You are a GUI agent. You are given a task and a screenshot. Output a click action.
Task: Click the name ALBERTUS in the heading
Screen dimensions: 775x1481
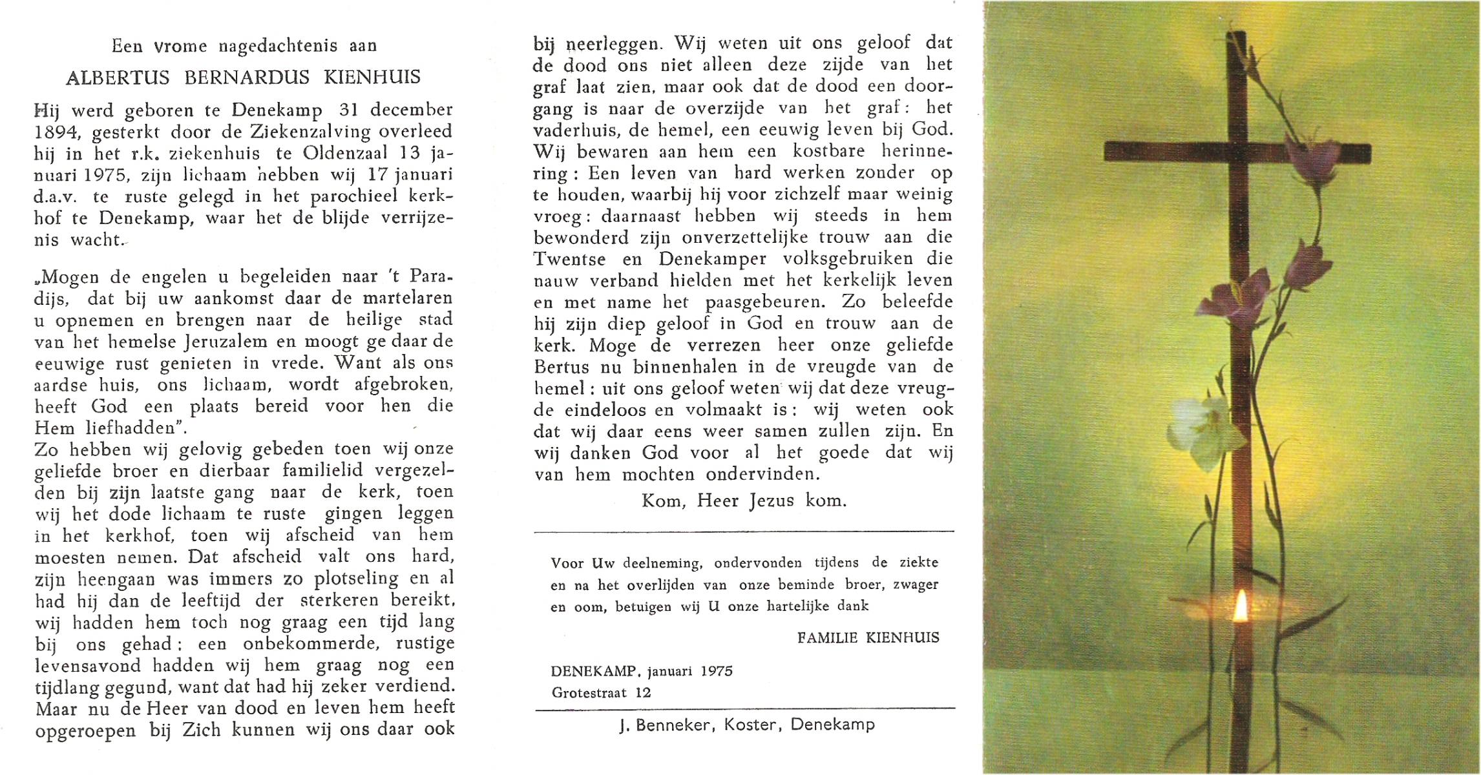118,77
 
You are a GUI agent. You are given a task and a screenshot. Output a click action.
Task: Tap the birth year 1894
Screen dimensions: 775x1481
56,132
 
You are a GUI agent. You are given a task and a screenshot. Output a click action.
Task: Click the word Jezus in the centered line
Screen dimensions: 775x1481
772,501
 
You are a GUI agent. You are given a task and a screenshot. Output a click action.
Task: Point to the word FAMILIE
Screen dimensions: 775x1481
828,638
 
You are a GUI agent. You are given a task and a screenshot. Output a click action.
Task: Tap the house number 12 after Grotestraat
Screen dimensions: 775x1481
643,693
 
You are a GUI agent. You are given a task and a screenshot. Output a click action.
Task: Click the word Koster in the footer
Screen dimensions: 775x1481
750,725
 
